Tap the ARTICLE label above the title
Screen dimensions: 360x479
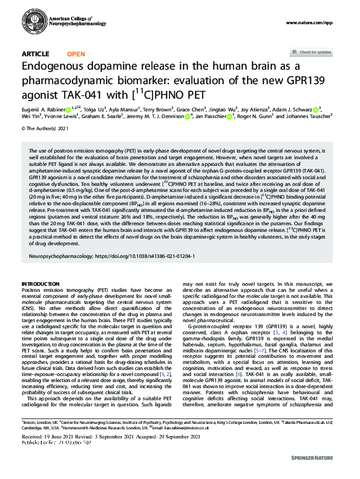click(x=36, y=54)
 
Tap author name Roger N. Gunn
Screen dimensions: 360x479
click(x=257, y=117)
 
